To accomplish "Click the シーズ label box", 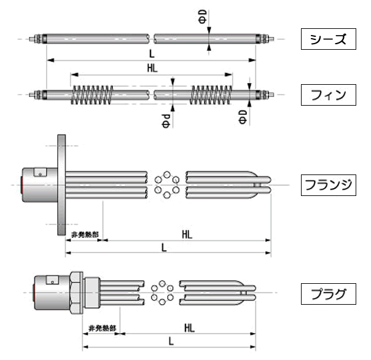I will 329,40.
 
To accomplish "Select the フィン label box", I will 329,95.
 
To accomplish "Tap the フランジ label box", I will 329,184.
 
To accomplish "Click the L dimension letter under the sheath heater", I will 151,53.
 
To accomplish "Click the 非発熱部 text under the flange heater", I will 84,235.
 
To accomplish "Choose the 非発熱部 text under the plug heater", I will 102,327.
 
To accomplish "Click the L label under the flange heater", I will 163,247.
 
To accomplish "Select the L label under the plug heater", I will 170,340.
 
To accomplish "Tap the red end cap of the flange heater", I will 23,184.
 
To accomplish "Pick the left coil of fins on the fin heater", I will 93,95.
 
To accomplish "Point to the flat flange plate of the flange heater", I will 61,184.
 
